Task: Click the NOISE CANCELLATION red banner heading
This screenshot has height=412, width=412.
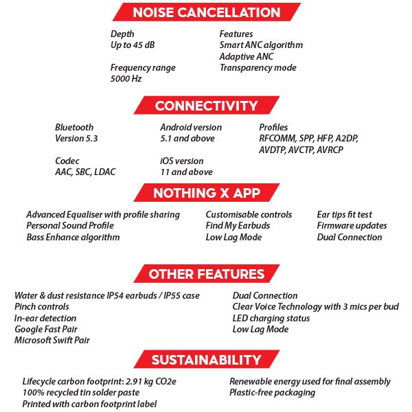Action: (206, 12)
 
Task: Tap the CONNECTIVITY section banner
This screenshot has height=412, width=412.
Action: (206, 106)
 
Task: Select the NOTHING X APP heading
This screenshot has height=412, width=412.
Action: (206, 192)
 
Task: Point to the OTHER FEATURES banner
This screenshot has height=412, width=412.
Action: (206, 274)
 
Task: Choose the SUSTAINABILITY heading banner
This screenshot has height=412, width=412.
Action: (206, 360)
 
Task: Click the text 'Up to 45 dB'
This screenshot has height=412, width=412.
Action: (135, 45)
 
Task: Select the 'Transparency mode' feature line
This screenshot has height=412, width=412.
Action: (257, 68)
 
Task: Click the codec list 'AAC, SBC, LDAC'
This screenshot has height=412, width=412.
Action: (84, 172)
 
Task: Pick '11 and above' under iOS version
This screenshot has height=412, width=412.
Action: (186, 172)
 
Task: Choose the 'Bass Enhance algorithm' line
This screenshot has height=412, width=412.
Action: (73, 238)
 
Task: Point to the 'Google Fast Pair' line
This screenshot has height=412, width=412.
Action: (47, 329)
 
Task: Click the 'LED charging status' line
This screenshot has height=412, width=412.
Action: (271, 318)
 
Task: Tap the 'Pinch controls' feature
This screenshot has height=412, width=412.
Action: (42, 307)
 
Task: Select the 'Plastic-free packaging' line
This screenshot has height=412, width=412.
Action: (273, 393)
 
